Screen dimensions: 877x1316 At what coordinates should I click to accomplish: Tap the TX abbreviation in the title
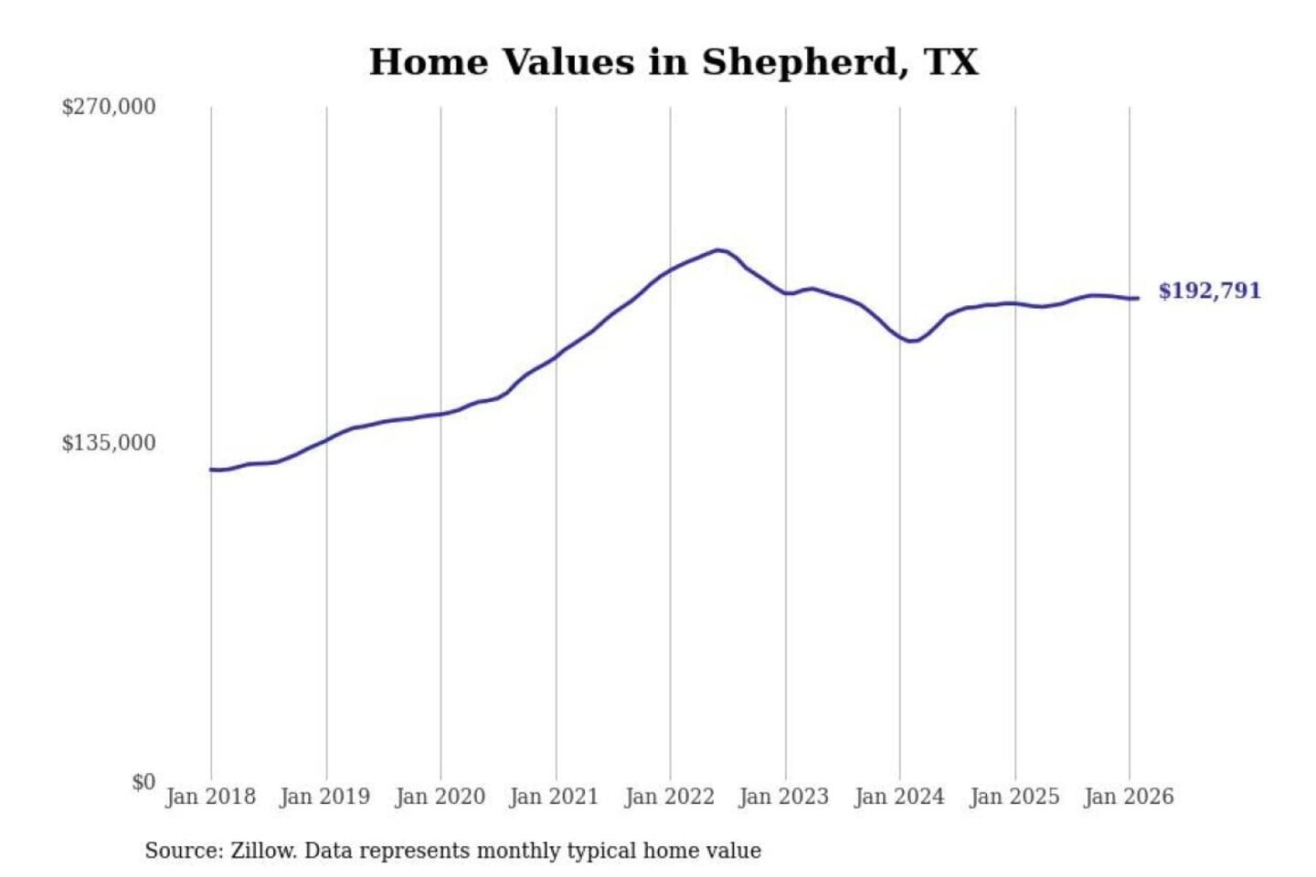tap(950, 62)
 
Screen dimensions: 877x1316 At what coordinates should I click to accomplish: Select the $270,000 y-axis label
tap(109, 107)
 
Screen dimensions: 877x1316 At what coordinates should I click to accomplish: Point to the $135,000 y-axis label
tap(109, 443)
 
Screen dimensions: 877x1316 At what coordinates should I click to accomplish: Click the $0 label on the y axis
tap(143, 782)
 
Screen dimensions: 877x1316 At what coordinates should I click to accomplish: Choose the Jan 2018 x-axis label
tap(210, 797)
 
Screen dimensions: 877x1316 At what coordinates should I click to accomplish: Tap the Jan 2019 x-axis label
tap(325, 797)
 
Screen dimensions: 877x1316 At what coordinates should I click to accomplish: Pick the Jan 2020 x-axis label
tap(440, 797)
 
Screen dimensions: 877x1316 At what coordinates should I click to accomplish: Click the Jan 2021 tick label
tap(555, 797)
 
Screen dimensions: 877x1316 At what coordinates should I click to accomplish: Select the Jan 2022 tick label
tap(669, 797)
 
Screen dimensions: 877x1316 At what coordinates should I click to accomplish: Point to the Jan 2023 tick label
tap(784, 797)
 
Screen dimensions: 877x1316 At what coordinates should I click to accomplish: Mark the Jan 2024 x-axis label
tap(899, 797)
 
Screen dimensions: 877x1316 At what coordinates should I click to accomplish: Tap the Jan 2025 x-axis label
tap(1014, 797)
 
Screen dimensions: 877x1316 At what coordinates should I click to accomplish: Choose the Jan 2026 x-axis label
tap(1129, 797)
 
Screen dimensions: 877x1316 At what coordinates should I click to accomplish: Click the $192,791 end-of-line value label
tap(1209, 291)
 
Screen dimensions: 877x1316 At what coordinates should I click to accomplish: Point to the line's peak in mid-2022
tap(718, 249)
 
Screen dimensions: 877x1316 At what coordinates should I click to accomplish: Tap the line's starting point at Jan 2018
tap(212, 470)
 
